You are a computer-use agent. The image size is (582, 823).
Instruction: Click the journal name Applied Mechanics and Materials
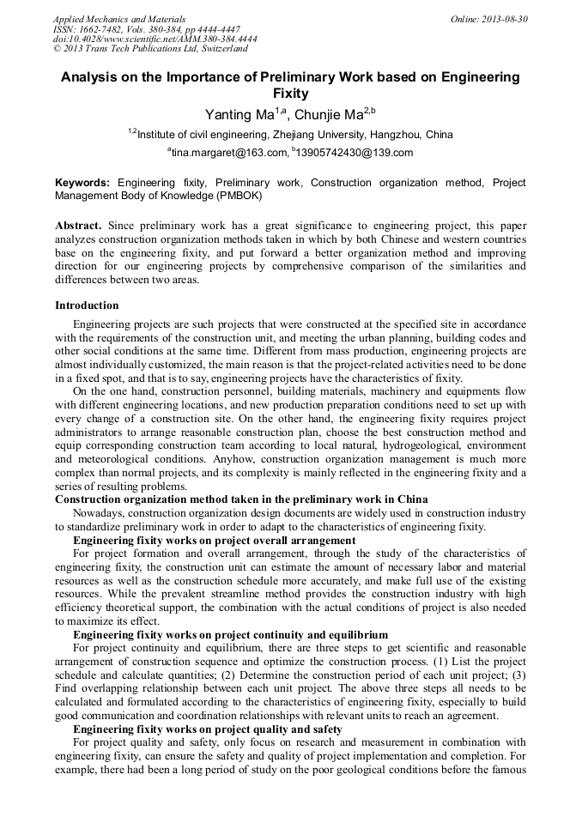[119, 19]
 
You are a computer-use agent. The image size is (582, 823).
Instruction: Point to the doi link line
[155, 39]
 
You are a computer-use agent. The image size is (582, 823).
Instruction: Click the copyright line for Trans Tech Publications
[150, 49]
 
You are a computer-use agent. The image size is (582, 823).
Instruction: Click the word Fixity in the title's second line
[290, 94]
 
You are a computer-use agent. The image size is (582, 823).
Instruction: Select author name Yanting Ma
[237, 115]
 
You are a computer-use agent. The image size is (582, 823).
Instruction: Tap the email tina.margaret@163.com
[229, 153]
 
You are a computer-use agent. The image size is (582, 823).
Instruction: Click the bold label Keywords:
[82, 183]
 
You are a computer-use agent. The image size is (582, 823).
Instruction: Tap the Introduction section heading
[87, 306]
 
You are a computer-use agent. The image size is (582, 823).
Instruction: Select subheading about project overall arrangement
[214, 541]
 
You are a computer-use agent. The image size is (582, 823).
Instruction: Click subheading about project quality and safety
[208, 729]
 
